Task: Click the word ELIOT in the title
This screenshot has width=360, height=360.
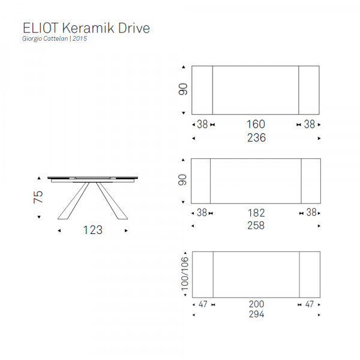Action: pos(40,28)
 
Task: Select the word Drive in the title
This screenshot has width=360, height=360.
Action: pos(134,28)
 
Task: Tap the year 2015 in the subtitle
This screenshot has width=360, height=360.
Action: pos(80,38)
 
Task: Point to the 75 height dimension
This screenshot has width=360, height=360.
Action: pos(38,197)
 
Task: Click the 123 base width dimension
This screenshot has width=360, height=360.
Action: pos(93,230)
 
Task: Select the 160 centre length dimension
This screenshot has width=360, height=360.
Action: pos(256,124)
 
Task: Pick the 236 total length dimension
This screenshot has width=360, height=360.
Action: pos(256,138)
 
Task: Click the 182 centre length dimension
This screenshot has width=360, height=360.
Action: pos(256,213)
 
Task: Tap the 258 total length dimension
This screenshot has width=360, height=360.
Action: pos(256,226)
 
